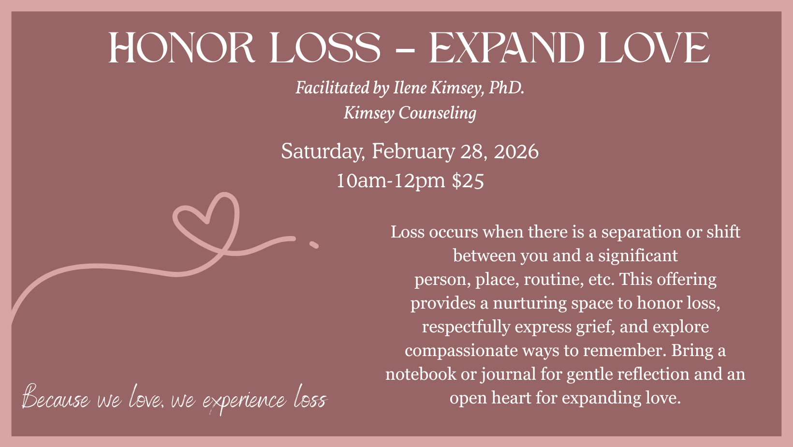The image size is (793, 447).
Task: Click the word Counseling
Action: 437,113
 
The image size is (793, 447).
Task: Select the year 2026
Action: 516,151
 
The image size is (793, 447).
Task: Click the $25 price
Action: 468,180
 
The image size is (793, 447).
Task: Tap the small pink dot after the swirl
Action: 314,244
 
